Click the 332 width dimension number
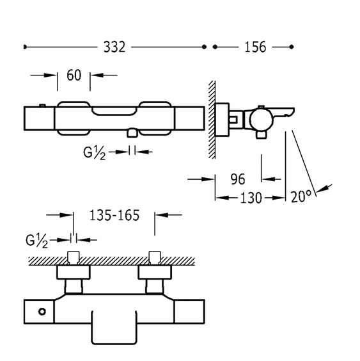(x=114, y=47)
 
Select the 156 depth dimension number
(x=255, y=47)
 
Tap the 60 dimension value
(x=74, y=76)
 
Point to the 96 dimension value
(x=238, y=179)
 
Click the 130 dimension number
(x=251, y=198)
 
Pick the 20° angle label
(x=301, y=197)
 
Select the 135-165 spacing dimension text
(x=114, y=216)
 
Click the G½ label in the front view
(x=95, y=153)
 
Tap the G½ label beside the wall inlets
(x=37, y=241)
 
